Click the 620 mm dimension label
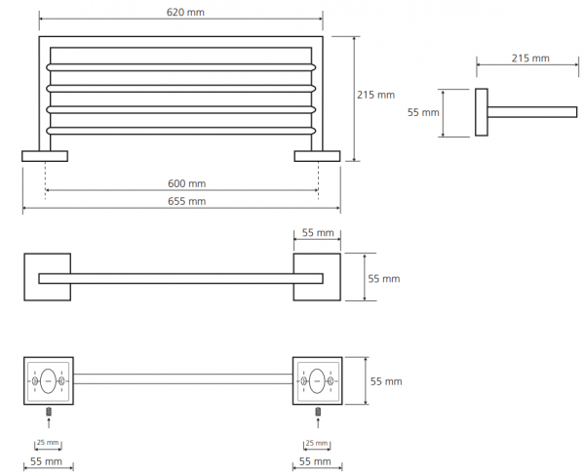click(x=185, y=13)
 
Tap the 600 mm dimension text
click(x=186, y=183)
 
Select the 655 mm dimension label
click(x=186, y=202)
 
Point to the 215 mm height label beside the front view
click(x=375, y=95)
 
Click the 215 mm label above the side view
click(x=530, y=59)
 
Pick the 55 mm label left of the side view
click(x=423, y=112)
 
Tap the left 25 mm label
click(x=48, y=442)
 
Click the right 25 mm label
click(x=316, y=443)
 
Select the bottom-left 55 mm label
click(x=46, y=461)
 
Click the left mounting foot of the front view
click(x=45, y=156)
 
